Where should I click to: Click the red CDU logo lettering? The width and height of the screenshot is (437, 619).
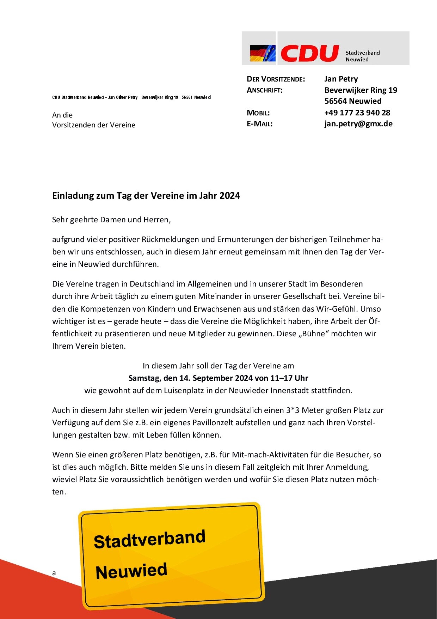[x=309, y=53]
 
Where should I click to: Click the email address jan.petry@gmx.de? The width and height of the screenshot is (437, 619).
[x=358, y=124]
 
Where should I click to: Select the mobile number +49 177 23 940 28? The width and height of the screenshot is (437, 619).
[x=357, y=113]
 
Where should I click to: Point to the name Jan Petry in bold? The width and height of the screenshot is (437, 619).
[x=341, y=79]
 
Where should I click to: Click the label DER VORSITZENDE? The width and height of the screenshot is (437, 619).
[x=276, y=79]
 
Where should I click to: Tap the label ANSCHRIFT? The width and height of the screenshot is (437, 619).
[x=264, y=90]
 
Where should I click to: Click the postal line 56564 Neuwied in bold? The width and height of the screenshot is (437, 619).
[x=353, y=101]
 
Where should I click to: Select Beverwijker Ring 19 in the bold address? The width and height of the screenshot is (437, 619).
[x=361, y=90]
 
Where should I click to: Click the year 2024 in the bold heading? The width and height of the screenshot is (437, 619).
[x=230, y=196]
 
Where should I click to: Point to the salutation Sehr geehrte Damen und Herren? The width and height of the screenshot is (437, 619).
[x=111, y=220]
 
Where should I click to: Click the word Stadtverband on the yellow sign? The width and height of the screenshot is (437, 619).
[x=149, y=539]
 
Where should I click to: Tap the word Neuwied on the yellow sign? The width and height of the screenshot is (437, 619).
[x=131, y=571]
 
